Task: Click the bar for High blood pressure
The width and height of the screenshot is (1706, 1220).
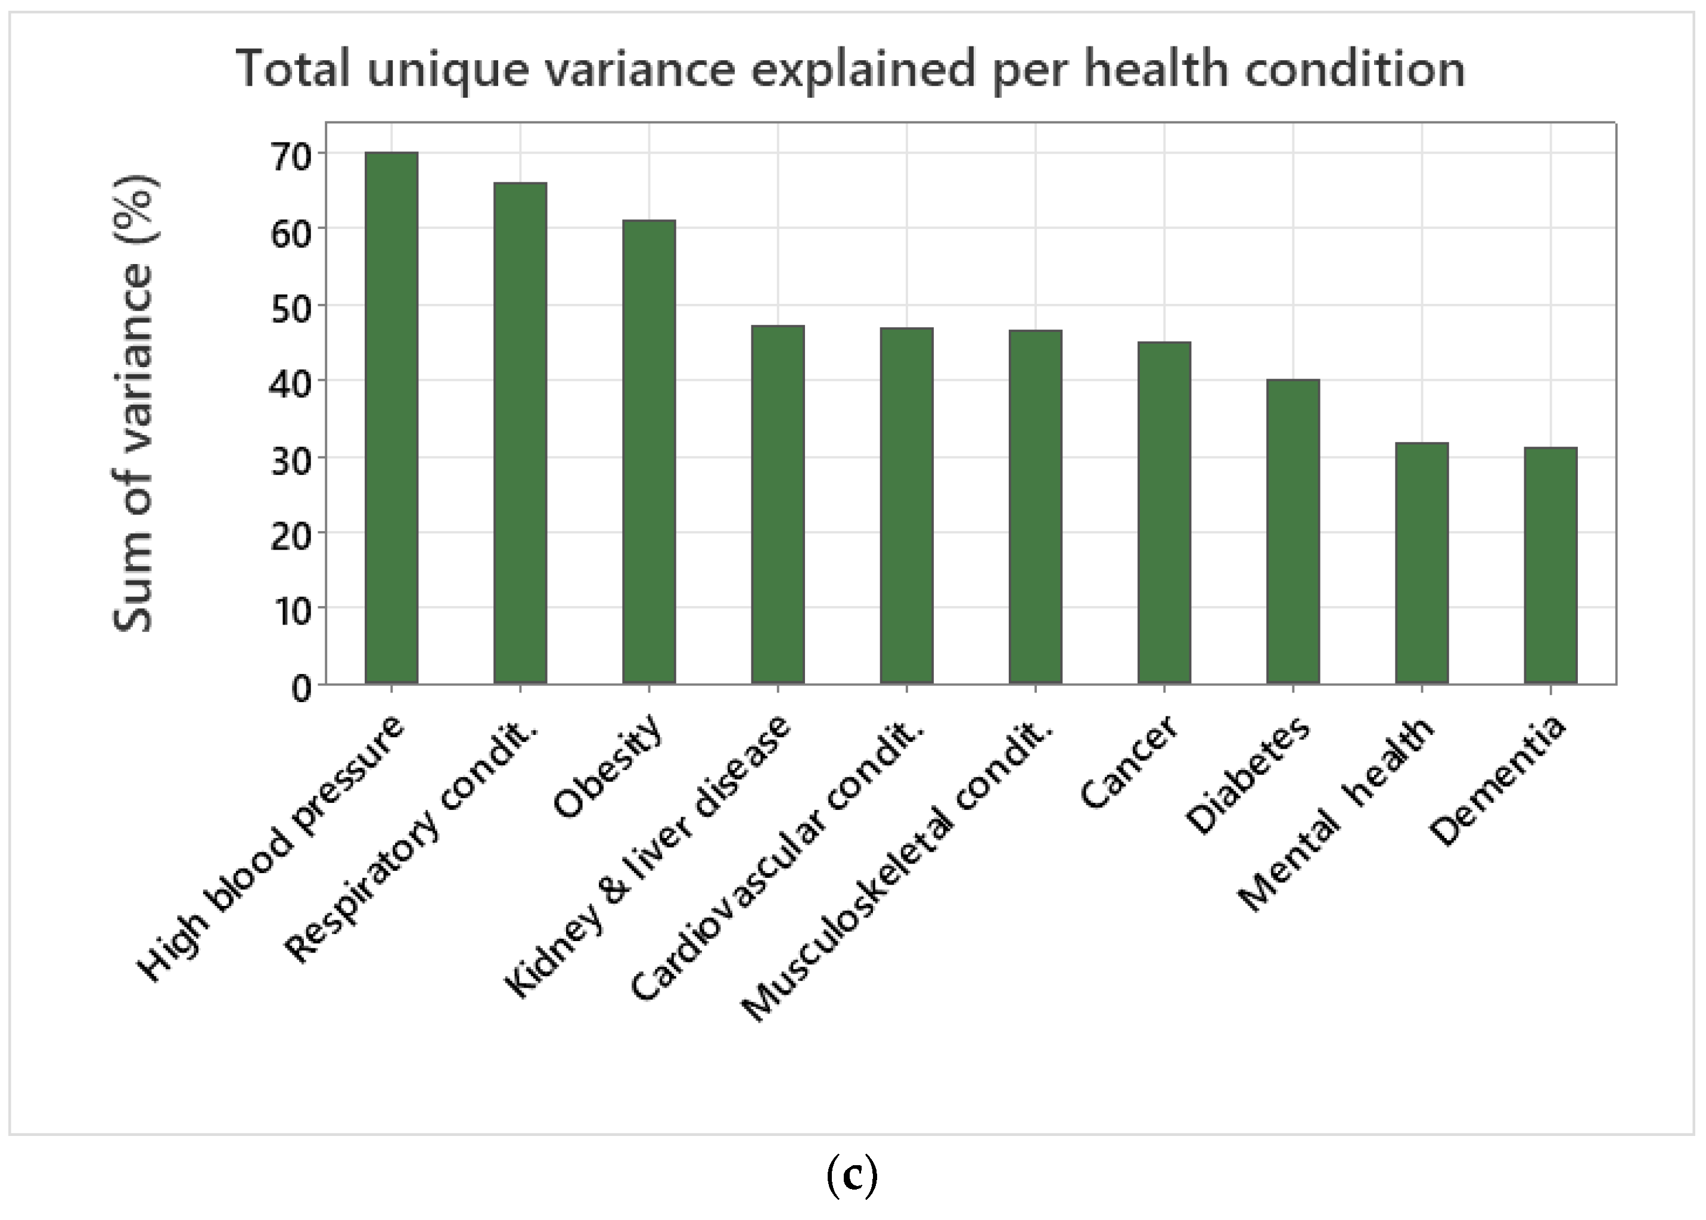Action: (x=391, y=418)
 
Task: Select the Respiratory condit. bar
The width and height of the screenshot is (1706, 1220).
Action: (x=520, y=433)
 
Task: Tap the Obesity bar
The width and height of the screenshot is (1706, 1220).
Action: (x=649, y=452)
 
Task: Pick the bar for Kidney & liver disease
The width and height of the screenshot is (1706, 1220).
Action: (x=778, y=504)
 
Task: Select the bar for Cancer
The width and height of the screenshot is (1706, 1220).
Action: (x=1164, y=513)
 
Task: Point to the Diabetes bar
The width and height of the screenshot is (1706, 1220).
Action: (x=1292, y=531)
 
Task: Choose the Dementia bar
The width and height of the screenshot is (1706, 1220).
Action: (x=1550, y=565)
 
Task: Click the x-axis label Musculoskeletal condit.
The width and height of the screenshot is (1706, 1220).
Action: (x=897, y=871)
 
